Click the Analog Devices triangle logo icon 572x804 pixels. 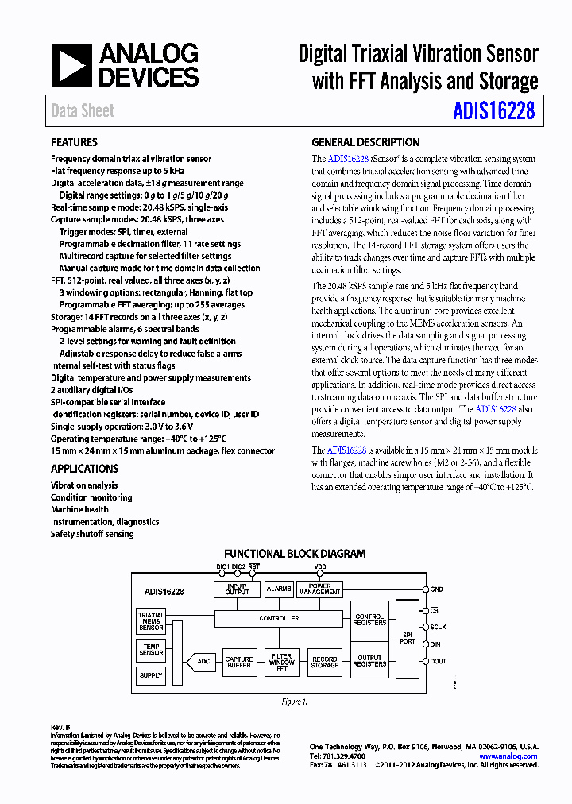coord(72,65)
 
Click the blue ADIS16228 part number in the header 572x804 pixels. coord(494,111)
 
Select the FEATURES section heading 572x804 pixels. coord(74,142)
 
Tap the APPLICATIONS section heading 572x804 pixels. coord(84,469)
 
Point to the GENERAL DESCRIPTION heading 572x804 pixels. coord(365,142)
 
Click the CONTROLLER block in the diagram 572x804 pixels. coord(279,617)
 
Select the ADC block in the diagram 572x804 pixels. coord(203,660)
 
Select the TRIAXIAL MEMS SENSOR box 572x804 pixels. coord(151,621)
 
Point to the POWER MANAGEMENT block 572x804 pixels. coord(319,589)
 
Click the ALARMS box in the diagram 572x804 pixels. coord(279,589)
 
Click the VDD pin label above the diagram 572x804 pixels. coord(319,566)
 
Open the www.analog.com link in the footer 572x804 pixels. coord(508,756)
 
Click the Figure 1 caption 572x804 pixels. coord(293,702)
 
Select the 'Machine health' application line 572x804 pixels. coord(79,509)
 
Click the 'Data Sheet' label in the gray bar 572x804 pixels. coord(83,111)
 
